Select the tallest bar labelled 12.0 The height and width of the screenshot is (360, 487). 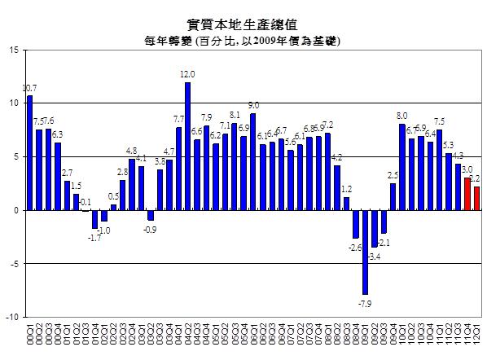(x=187, y=146)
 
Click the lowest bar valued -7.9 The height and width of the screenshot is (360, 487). (x=365, y=252)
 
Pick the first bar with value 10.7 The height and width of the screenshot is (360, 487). (x=29, y=152)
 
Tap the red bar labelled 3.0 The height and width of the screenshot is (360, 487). (x=467, y=194)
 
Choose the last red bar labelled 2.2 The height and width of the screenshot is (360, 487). (x=476, y=198)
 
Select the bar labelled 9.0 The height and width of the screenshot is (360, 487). (x=253, y=161)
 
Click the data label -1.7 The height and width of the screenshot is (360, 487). (x=94, y=237)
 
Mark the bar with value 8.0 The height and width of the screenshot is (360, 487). (x=402, y=167)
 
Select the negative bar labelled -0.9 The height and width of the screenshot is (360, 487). (x=151, y=215)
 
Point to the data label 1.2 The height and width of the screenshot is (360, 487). (x=346, y=190)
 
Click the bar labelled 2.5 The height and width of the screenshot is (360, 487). (x=393, y=196)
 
